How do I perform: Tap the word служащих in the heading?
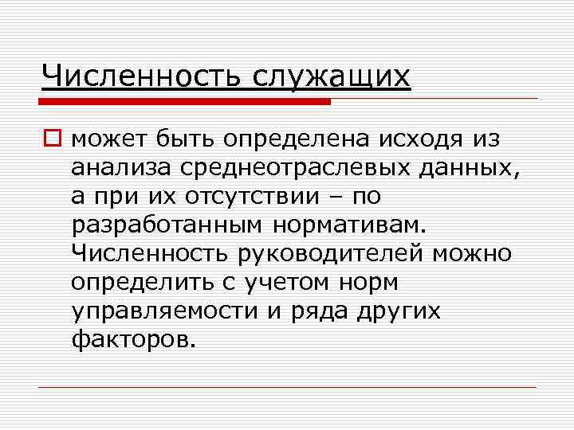pyautogui.click(x=332, y=77)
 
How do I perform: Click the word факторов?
pyautogui.click(x=132, y=339)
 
